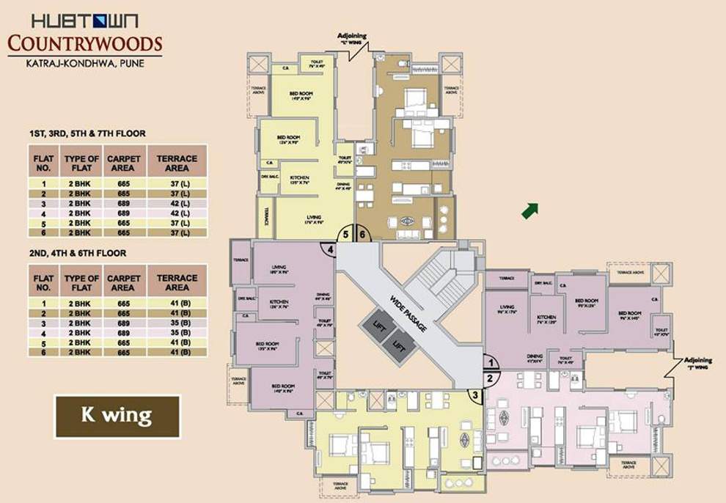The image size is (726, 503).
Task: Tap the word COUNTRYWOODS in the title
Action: (x=84, y=44)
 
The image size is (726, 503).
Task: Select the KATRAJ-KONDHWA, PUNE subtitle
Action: (x=84, y=64)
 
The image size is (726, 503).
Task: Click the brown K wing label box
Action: (x=117, y=416)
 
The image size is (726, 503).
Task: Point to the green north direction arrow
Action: (x=529, y=210)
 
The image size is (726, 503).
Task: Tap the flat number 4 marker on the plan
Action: (x=330, y=250)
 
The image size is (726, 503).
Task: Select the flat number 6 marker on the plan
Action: (x=362, y=235)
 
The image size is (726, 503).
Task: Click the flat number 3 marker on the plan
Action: (x=475, y=396)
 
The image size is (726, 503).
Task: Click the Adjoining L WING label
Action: (x=355, y=38)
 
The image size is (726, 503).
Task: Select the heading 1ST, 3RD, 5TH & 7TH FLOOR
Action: (x=87, y=133)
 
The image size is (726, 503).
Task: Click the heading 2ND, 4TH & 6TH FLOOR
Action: (x=78, y=253)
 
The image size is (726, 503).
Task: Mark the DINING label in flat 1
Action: (x=534, y=357)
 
